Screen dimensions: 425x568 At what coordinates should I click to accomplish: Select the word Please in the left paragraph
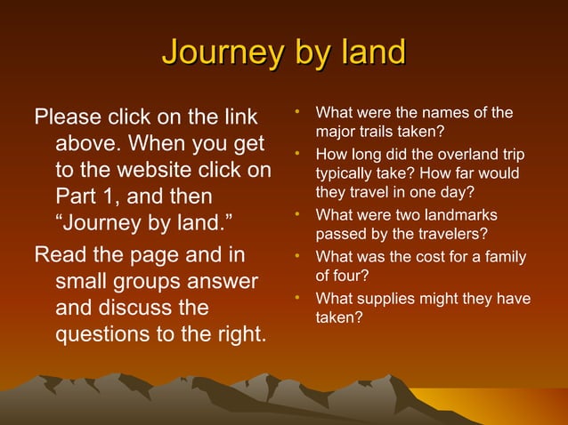click(68, 117)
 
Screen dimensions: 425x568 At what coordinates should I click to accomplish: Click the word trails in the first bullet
click(375, 130)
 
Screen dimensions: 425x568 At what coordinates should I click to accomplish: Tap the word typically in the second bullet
click(345, 172)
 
